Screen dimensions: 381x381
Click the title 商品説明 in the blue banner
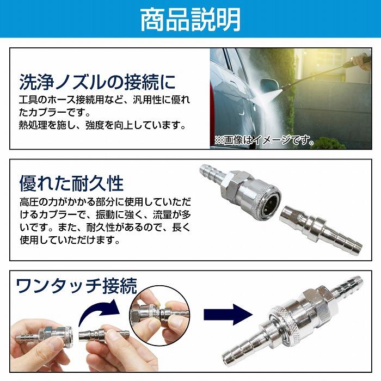(190, 20)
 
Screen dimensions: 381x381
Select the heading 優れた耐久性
(71, 182)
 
